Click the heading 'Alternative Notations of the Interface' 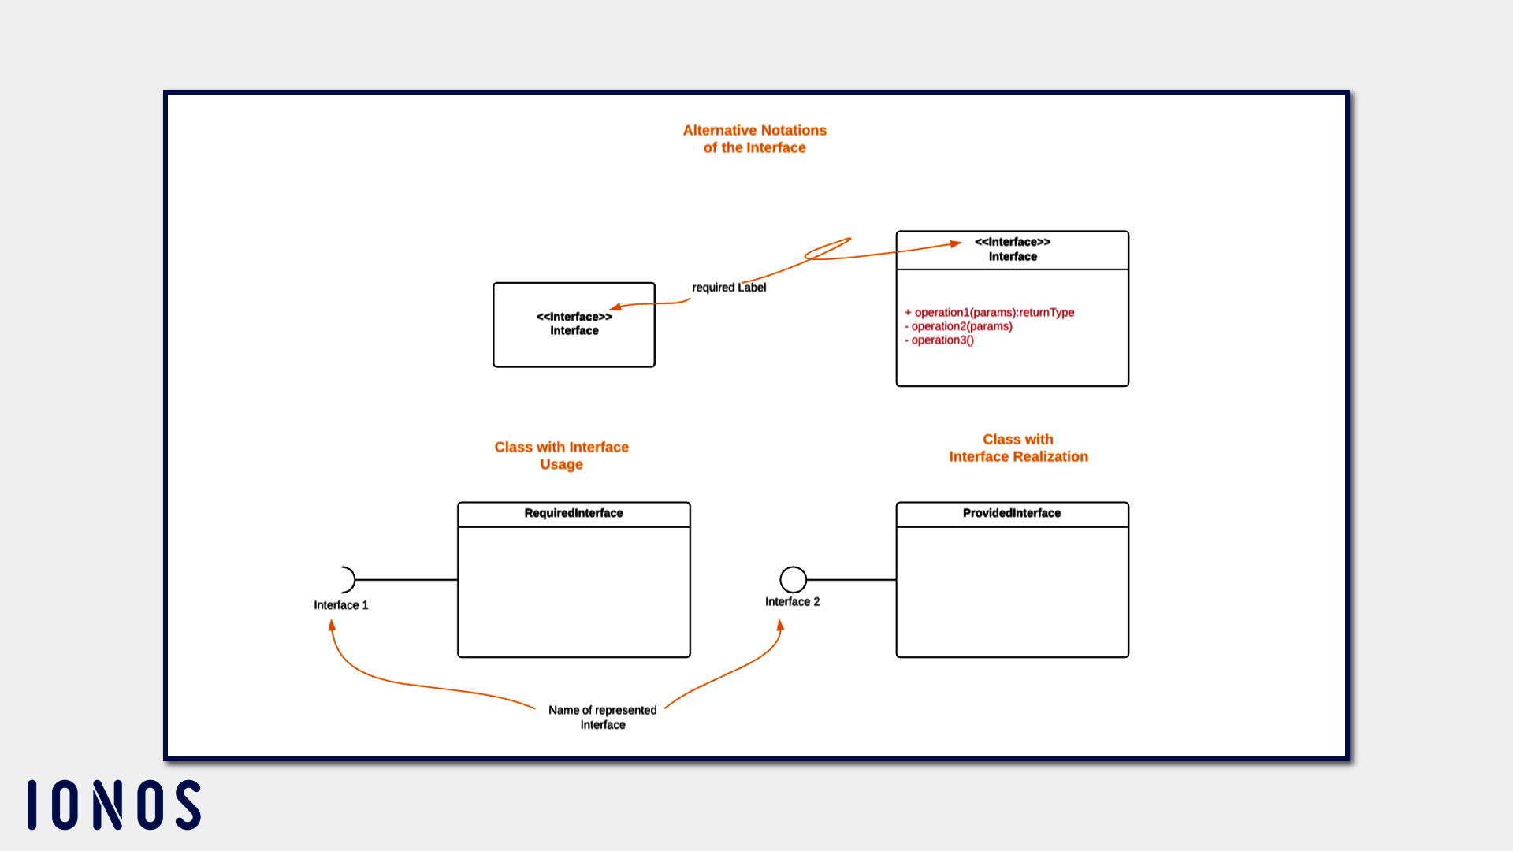pos(754,139)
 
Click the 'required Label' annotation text pos(729,288)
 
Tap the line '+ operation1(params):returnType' pos(990,312)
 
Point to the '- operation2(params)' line pos(959,326)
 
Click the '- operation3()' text pos(939,340)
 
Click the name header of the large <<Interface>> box pos(1012,249)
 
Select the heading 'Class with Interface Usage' pos(561,455)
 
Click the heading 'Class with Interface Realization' pos(1017,448)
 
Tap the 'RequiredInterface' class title pos(574,513)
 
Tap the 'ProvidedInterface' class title pos(1012,513)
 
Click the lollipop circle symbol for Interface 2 pos(793,579)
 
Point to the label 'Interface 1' pos(340,605)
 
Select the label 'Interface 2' pos(792,601)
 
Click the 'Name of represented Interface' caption pos(602,717)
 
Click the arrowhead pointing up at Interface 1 pos(332,625)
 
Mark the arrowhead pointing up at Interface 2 pos(781,626)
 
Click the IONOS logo pos(114,805)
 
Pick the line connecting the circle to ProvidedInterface pos(851,579)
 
